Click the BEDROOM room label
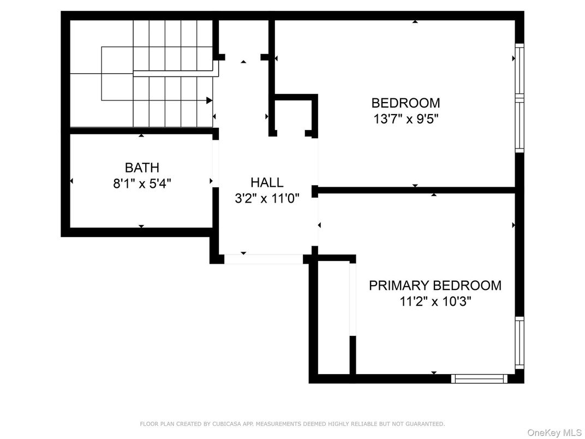405,103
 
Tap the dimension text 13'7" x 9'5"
405,119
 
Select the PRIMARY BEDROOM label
435,285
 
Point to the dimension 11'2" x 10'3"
435,301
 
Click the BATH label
142,168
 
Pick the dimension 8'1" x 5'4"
142,184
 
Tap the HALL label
267,182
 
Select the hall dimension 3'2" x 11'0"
267,199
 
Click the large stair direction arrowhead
209,100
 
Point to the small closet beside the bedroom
294,116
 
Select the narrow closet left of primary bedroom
333,317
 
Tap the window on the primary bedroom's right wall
520,344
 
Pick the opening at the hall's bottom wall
264,259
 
